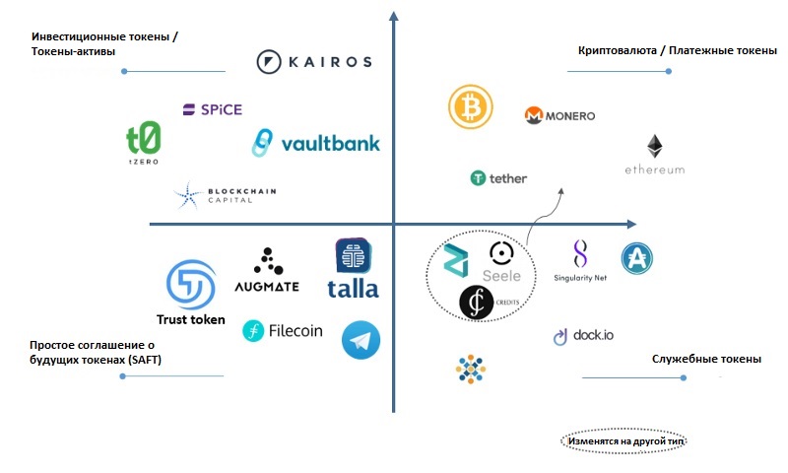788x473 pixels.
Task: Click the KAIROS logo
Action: (313, 61)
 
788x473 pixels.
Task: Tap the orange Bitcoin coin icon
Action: (470, 106)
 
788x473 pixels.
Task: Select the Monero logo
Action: (559, 115)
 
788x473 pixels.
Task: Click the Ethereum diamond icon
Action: (654, 148)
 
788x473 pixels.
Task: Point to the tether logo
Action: (498, 178)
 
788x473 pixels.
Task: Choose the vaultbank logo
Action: (315, 143)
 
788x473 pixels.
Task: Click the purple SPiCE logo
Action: (212, 109)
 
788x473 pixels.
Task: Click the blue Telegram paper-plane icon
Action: (361, 340)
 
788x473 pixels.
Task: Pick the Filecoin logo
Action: (283, 331)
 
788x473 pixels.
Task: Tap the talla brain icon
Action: (353, 256)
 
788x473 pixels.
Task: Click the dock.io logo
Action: (582, 336)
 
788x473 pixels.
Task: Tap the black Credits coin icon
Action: (478, 303)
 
